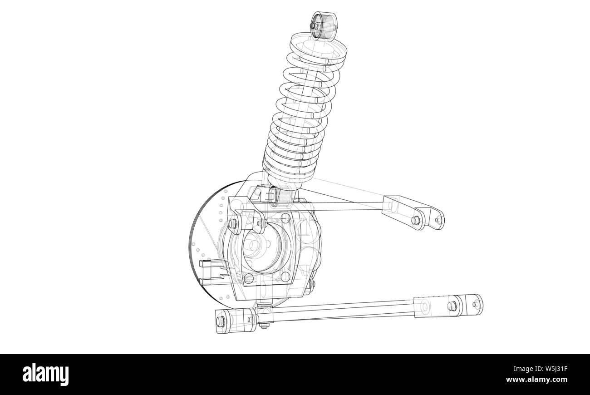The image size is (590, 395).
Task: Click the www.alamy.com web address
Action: pyautogui.click(x=539, y=380)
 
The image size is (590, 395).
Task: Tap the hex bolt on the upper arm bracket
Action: pyautogui.click(x=414, y=221)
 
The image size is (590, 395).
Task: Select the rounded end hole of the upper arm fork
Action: pyautogui.click(x=438, y=220)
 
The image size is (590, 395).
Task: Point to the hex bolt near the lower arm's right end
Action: pyautogui.click(x=452, y=305)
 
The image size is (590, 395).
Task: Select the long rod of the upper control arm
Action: pyautogui.click(x=345, y=205)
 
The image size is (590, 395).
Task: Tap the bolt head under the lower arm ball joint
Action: pyautogui.click(x=263, y=325)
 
